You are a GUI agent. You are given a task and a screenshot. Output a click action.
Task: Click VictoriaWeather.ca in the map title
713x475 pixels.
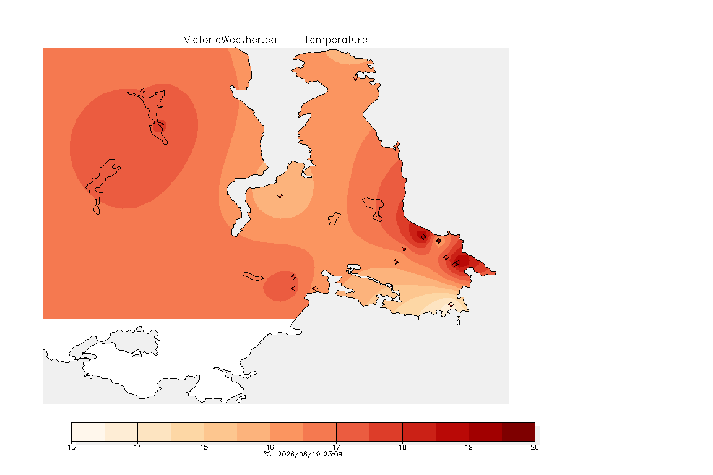[x=230, y=40]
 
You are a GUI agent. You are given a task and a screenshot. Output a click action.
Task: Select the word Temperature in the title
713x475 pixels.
[x=335, y=40]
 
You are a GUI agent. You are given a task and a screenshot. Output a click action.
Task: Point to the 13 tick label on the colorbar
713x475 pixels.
[x=71, y=447]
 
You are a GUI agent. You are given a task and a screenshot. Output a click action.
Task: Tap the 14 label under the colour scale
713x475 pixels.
[x=138, y=447]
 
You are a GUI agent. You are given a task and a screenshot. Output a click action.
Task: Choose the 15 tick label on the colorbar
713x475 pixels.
[x=204, y=447]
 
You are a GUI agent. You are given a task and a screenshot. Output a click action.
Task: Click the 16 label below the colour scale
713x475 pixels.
[x=270, y=447]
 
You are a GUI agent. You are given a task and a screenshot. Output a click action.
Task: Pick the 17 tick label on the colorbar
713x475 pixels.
[x=336, y=447]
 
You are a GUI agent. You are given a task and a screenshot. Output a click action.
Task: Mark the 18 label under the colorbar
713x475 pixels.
[x=402, y=447]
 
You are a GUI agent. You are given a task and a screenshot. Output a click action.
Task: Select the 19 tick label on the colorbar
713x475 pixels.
[x=469, y=447]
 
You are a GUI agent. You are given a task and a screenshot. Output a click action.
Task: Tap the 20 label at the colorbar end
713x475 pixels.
[x=535, y=447]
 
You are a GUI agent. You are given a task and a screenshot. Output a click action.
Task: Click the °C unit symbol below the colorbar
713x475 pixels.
[x=268, y=454]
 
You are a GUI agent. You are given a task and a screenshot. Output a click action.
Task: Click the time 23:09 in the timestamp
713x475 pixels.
[x=332, y=454]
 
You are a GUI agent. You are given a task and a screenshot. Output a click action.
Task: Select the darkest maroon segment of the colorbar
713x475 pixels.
[x=519, y=432]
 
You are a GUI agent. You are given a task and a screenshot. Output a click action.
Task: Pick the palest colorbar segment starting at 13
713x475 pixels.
[x=89, y=432]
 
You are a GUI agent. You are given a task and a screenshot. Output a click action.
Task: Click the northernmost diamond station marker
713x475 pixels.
[x=356, y=78]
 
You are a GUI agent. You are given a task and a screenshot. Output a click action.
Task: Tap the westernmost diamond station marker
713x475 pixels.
[x=143, y=91]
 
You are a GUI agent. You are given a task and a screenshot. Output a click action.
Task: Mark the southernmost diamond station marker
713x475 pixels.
[x=451, y=304]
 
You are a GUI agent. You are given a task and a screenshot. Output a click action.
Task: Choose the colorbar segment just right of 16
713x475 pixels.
[x=287, y=432]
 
